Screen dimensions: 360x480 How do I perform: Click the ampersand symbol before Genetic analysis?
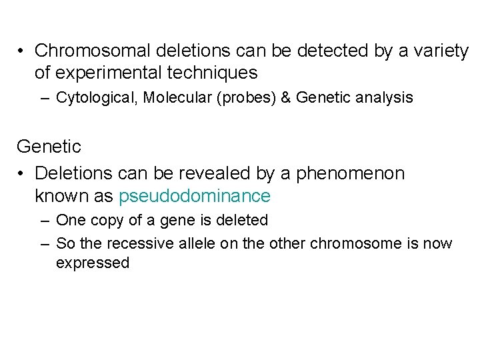pyautogui.click(x=286, y=98)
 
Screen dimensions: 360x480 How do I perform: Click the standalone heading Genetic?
pyautogui.click(x=49, y=146)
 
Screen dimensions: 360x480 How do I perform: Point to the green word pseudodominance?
pyautogui.click(x=195, y=196)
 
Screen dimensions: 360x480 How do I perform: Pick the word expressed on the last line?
pyautogui.click(x=92, y=263)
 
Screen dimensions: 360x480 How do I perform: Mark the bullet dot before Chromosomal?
pyautogui.click(x=22, y=51)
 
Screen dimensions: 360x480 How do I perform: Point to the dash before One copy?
pyautogui.click(x=44, y=221)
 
